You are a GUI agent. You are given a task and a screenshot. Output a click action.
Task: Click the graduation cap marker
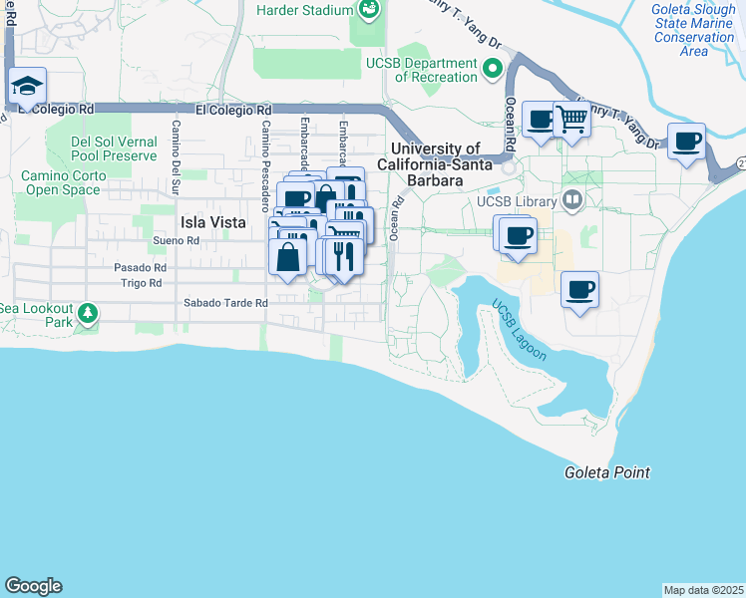[28, 86]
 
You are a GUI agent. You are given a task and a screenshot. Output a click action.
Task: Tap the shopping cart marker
[572, 121]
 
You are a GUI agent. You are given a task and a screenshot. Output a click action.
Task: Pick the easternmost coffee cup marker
[685, 143]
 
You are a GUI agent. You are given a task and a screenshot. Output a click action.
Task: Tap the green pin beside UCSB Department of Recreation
[491, 69]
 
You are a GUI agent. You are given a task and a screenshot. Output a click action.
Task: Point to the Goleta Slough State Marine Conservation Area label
[694, 30]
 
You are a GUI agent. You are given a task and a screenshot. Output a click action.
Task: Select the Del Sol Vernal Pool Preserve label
[114, 149]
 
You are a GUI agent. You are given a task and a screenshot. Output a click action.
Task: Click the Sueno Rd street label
[177, 241]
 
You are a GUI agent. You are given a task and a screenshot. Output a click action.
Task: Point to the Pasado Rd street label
[140, 268]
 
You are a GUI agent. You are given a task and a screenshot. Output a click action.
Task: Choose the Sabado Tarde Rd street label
[225, 303]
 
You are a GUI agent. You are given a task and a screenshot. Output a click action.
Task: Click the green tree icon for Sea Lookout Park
[88, 314]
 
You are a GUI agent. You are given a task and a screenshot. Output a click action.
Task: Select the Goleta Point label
[606, 472]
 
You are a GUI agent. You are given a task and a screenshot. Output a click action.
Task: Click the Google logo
[33, 586]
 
